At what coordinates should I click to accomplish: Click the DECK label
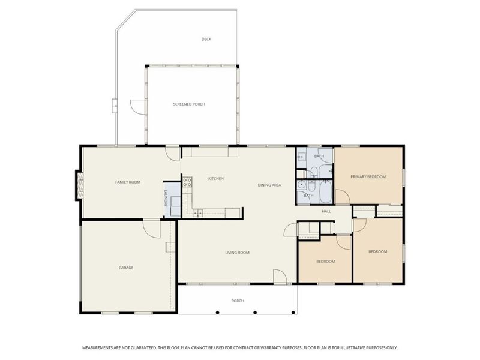click(x=206, y=39)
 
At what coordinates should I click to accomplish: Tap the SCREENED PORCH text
click(x=189, y=104)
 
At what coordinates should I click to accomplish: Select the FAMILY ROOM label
click(x=128, y=182)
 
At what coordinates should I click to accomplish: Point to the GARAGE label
click(x=126, y=268)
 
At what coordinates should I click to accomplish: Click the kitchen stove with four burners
click(x=187, y=182)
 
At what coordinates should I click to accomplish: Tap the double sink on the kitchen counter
click(x=198, y=213)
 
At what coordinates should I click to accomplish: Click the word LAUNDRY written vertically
click(x=166, y=199)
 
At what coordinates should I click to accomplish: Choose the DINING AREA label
click(x=269, y=185)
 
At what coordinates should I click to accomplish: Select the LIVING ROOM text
click(x=237, y=253)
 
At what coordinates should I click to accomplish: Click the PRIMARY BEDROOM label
click(x=368, y=176)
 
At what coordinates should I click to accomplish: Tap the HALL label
click(x=326, y=211)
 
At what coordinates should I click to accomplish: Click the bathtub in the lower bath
click(x=326, y=192)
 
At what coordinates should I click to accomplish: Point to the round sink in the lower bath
click(x=302, y=184)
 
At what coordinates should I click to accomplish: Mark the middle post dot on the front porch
click(x=255, y=313)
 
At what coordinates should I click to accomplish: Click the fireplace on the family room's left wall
click(x=79, y=185)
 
